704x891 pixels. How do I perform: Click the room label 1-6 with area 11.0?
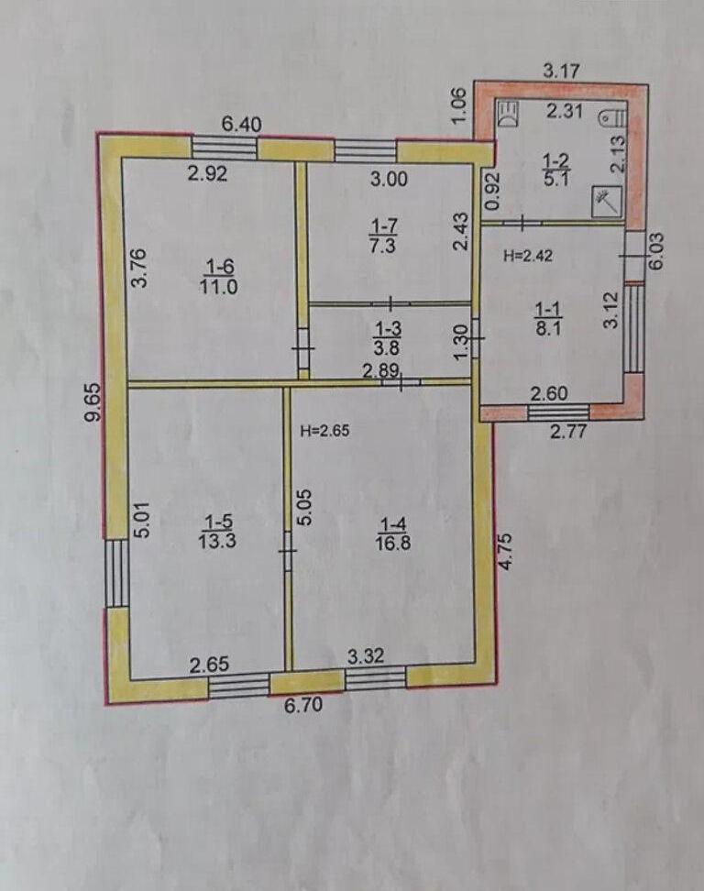coord(218,276)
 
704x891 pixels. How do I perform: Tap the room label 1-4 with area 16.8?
coord(392,533)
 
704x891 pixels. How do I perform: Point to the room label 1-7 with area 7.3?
coord(384,236)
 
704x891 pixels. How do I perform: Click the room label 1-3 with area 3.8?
coord(388,337)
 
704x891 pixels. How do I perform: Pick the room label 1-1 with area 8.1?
coord(548,319)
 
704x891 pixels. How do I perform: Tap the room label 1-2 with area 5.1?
coord(556,170)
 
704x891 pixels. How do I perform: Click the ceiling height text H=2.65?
coord(325,431)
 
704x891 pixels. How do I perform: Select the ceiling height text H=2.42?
coord(528,256)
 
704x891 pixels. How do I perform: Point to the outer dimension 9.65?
coord(92,402)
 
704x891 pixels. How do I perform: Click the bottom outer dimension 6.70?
coord(303,705)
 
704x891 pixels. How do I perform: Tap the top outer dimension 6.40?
coord(242,125)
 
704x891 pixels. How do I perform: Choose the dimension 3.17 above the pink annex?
coord(561,71)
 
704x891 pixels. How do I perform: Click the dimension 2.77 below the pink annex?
coord(568,430)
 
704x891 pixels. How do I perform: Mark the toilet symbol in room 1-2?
coord(614,117)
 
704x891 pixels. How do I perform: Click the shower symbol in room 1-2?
coord(607,201)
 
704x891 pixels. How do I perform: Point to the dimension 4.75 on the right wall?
coord(505,551)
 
